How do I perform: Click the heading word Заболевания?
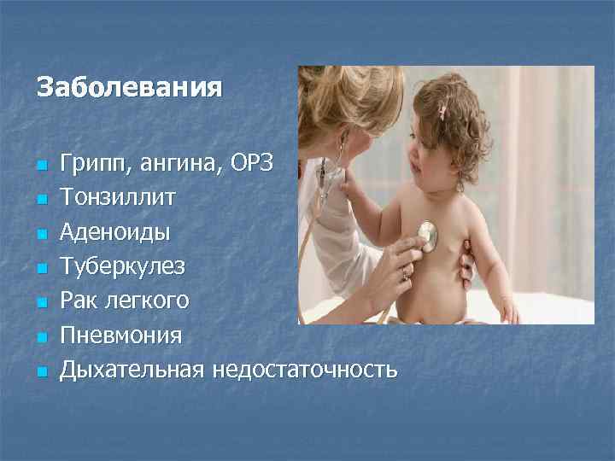point(129,88)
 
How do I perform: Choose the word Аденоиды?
point(115,232)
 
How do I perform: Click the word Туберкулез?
point(121,266)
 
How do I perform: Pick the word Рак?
point(79,301)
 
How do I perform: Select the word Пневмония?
point(120,336)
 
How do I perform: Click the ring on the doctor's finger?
point(404,275)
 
